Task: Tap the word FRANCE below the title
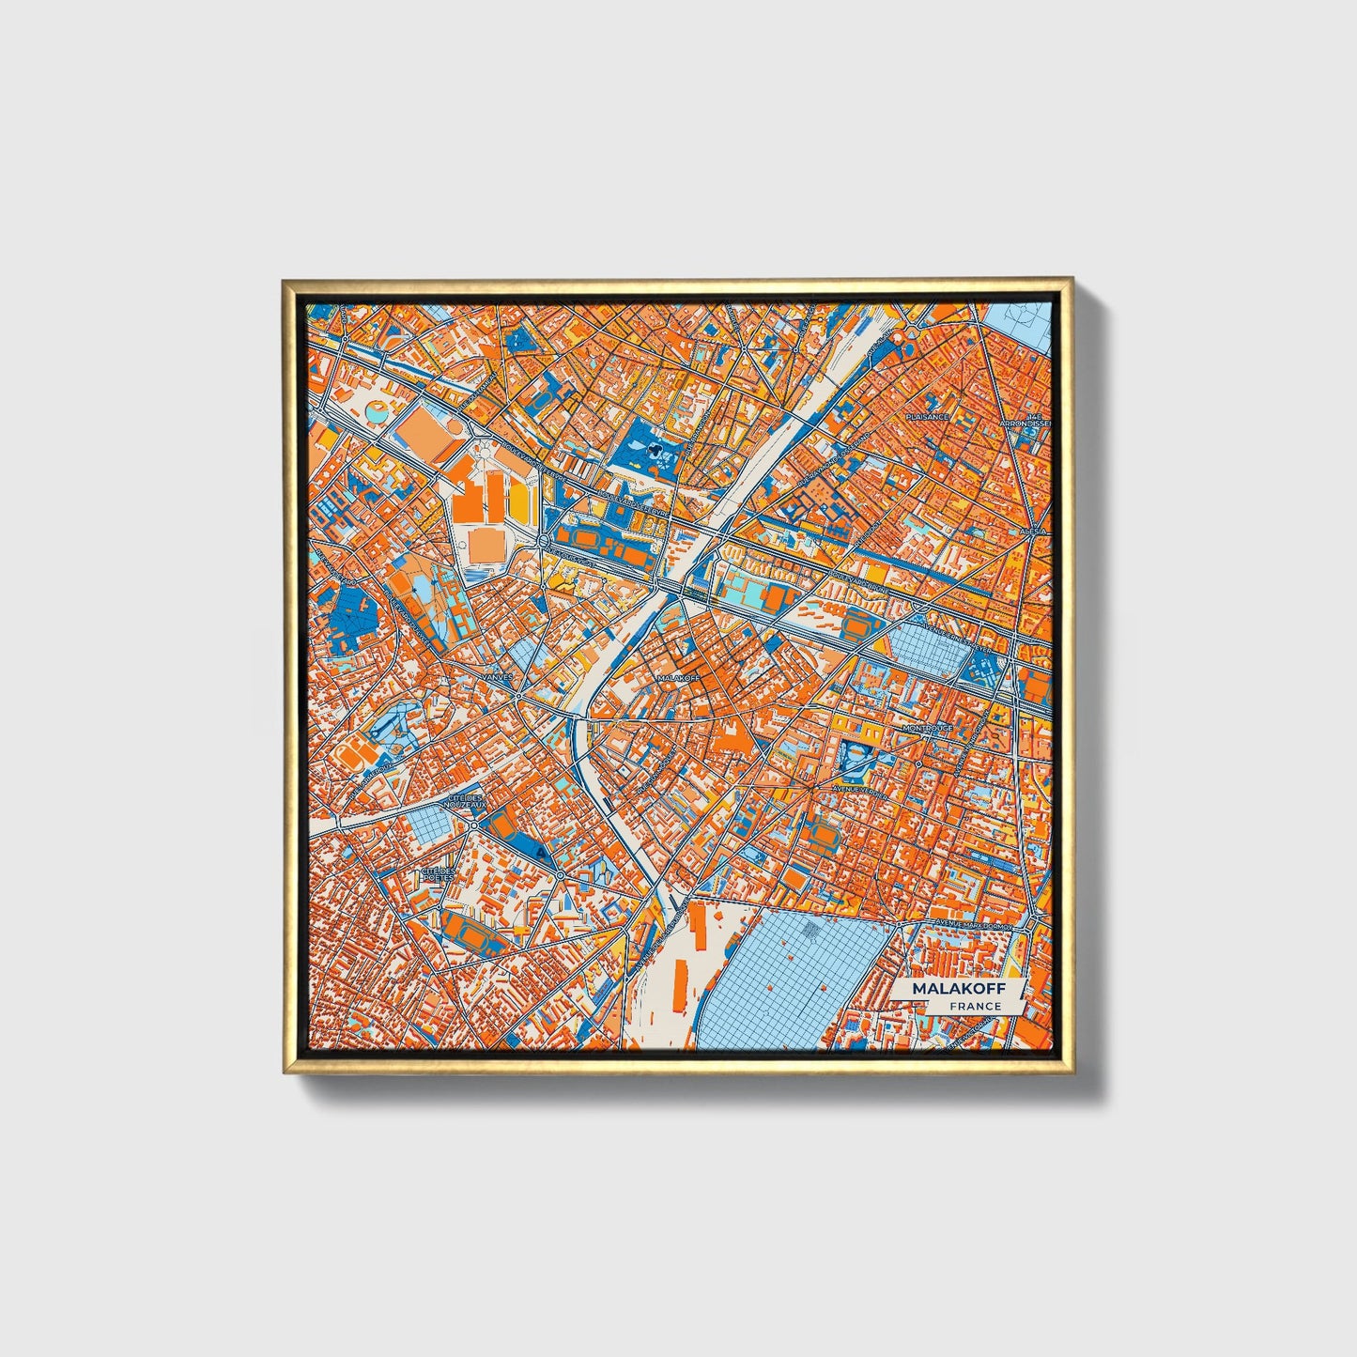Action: click(x=975, y=1006)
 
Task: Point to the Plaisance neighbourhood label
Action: click(x=927, y=416)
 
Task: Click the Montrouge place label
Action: click(x=927, y=728)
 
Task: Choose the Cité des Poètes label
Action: click(x=439, y=874)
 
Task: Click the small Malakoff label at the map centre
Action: click(x=678, y=677)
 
